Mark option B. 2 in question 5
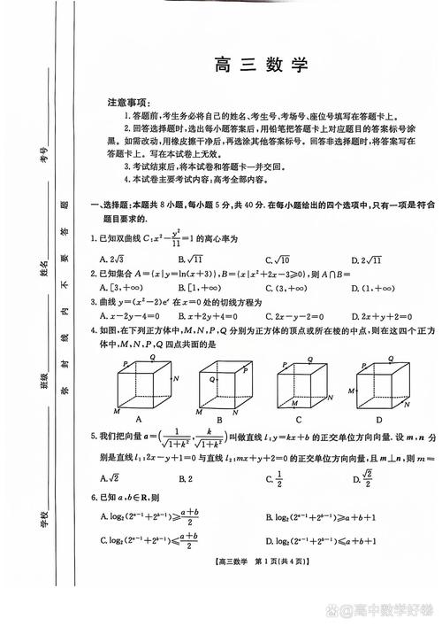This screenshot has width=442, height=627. click(x=185, y=479)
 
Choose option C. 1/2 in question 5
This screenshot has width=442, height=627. click(x=278, y=479)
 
